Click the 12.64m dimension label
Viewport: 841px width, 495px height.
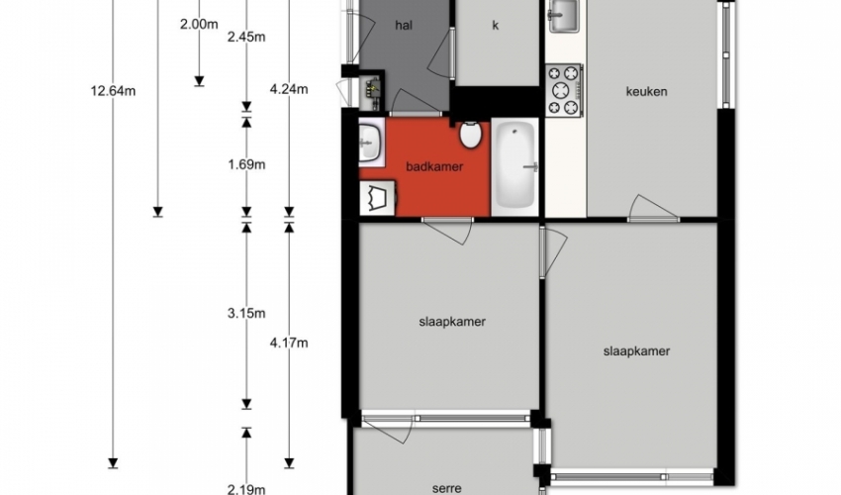(113, 91)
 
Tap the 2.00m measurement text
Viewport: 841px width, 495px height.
(199, 24)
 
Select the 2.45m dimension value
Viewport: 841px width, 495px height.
(246, 37)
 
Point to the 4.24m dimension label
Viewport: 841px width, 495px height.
(289, 89)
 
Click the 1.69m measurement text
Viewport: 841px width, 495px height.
(246, 164)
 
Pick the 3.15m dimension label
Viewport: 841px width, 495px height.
(246, 313)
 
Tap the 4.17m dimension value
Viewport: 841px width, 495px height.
(289, 343)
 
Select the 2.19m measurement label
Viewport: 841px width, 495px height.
(246, 488)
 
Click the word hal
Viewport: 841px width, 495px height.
(404, 25)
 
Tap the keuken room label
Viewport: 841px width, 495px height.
(646, 92)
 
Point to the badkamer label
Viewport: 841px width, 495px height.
(434, 166)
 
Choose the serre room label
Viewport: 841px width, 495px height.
(447, 488)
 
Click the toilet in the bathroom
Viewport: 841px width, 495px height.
(470, 135)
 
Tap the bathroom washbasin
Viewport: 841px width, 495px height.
(371, 142)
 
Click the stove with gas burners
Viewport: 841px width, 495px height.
(564, 90)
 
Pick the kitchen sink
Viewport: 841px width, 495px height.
(563, 16)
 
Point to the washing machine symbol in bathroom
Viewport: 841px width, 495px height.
(378, 199)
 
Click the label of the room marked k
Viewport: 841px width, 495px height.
(495, 25)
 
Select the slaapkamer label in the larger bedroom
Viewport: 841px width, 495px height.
(636, 351)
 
